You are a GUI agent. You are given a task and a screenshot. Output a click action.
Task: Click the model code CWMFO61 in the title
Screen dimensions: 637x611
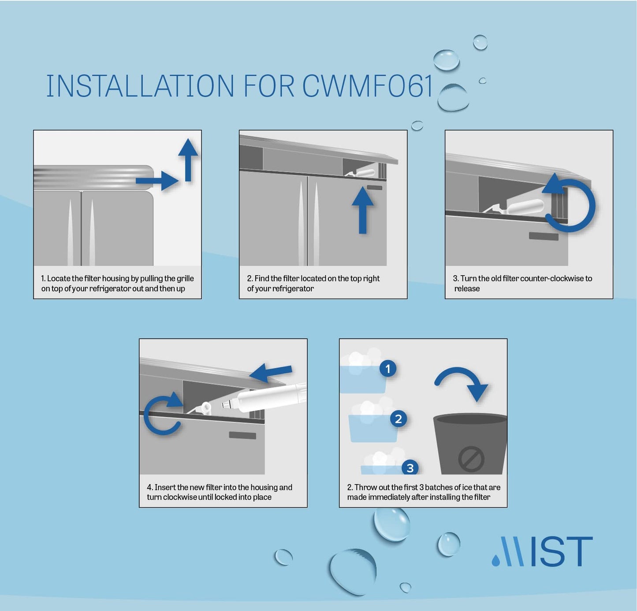pos(367,86)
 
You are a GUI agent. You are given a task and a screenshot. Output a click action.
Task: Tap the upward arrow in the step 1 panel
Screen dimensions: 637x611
pos(188,159)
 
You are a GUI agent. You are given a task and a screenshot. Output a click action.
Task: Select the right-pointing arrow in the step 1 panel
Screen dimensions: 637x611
pos(157,181)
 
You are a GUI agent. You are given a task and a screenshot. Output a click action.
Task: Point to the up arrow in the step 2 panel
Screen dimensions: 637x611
pos(363,210)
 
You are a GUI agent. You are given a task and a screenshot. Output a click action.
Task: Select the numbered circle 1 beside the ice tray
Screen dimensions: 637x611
pos(388,369)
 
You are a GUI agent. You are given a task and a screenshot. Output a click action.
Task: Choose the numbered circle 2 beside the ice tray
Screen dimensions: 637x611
pos(399,418)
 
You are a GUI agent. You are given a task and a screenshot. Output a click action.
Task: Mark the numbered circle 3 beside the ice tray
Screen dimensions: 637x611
pos(410,468)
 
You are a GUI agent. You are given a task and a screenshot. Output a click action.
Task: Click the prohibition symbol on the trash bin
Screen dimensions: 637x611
pos(471,459)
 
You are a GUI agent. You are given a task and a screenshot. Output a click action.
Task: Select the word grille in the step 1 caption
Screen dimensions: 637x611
pos(185,279)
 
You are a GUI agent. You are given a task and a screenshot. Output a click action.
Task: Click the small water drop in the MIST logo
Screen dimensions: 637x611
pos(496,560)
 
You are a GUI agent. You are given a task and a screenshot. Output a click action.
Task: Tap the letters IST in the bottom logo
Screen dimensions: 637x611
pos(561,551)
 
